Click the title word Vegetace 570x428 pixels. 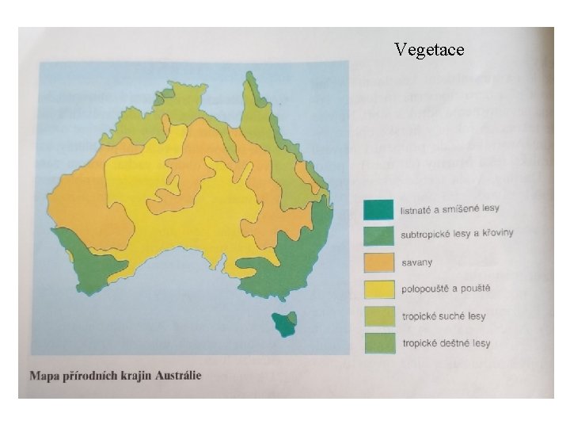(x=429, y=50)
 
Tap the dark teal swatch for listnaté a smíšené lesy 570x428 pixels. (x=378, y=209)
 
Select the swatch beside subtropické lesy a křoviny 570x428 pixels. (x=378, y=235)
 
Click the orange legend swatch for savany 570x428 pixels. (x=378, y=262)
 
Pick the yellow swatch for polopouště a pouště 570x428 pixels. (x=378, y=289)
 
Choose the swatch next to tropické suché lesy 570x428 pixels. (x=378, y=316)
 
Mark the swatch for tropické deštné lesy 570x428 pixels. (x=378, y=343)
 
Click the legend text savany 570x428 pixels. (x=417, y=262)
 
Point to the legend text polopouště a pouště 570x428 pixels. (x=445, y=289)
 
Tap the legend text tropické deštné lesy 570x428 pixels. (x=446, y=343)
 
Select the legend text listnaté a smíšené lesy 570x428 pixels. (x=450, y=208)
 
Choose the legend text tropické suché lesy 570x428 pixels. (x=443, y=316)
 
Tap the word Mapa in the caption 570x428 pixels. (x=44, y=376)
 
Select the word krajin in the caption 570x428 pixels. (x=132, y=376)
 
